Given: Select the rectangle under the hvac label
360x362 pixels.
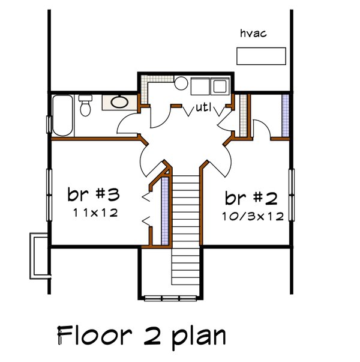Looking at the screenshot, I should point(260,56).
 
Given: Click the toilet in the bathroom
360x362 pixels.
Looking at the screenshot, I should point(85,106).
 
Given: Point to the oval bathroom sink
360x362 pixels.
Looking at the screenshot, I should point(119,102).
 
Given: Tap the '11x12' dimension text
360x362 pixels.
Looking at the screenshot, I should point(94,213).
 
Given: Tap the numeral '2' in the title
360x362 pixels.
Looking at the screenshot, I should point(150,334).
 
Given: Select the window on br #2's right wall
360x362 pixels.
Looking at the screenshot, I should point(292,195).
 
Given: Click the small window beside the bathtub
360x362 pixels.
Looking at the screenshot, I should point(48,123).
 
